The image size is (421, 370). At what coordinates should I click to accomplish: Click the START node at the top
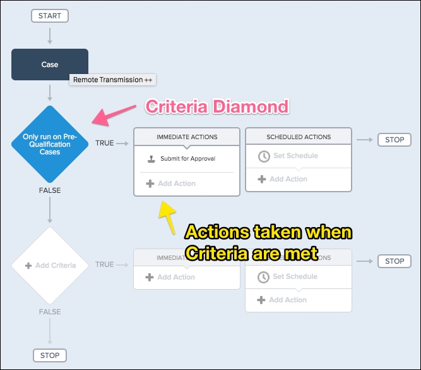click(49, 16)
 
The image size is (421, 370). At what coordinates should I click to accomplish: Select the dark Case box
click(49, 65)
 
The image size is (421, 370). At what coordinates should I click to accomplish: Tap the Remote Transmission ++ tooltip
click(112, 80)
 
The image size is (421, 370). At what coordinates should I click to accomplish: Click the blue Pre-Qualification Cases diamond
click(49, 144)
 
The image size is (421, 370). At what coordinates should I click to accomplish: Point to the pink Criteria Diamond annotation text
click(216, 106)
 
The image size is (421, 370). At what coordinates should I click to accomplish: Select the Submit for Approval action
click(187, 158)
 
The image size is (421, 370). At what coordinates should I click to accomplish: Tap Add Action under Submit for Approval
click(176, 183)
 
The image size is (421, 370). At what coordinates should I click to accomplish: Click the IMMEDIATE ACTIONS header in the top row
click(186, 137)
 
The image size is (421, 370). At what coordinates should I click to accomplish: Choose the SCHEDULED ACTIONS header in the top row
click(298, 137)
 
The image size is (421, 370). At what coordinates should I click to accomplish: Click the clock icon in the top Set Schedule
click(264, 156)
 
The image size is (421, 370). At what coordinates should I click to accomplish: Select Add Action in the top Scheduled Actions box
click(288, 179)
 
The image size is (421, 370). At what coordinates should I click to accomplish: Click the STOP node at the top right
click(394, 140)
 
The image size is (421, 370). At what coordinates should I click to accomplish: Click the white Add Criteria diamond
click(49, 265)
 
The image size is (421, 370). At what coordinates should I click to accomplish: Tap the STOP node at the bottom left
click(50, 355)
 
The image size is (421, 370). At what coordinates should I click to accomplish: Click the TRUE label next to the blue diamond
click(104, 143)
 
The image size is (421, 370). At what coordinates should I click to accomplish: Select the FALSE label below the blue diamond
click(50, 190)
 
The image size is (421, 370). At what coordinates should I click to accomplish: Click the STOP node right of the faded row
click(394, 261)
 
